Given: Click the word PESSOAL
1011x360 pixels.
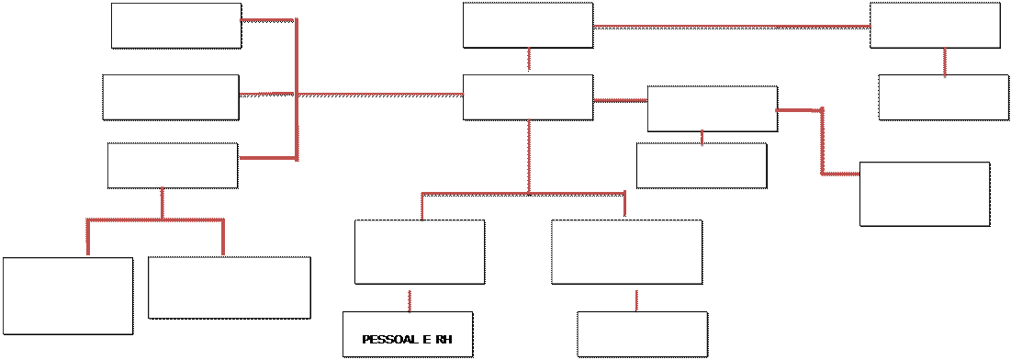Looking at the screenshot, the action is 388,340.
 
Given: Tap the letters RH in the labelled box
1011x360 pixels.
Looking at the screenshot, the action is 444,340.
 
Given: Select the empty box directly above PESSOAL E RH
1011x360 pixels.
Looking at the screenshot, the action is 420,252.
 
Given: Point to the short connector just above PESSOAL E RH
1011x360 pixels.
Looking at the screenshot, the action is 410,300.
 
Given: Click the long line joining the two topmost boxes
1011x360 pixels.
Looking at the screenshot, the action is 731,27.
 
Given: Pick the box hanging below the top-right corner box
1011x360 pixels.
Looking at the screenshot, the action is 944,97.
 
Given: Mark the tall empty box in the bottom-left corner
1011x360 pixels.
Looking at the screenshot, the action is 68,296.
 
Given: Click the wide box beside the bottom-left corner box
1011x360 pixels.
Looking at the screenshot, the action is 230,287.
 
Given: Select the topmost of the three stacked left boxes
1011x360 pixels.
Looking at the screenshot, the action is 176,26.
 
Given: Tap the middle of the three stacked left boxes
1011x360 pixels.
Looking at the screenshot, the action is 171,97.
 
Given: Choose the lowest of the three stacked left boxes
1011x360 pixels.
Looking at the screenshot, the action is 173,166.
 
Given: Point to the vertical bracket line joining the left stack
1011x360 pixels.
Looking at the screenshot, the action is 297,90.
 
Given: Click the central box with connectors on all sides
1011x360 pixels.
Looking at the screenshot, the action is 528,97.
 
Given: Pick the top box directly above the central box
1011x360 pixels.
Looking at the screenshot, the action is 528,25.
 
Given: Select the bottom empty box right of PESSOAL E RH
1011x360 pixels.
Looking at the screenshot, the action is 643,334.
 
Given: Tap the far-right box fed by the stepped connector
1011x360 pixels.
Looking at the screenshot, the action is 926,194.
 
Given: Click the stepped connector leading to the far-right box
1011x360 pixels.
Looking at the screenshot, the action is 822,142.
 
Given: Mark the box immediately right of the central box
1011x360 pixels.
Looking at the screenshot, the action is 713,109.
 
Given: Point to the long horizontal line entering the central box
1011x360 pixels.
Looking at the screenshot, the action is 380,95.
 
